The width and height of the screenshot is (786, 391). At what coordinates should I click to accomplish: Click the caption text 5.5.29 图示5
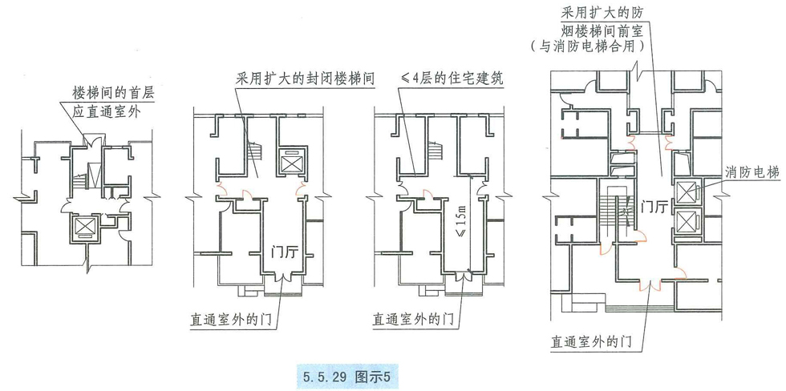coord(347,374)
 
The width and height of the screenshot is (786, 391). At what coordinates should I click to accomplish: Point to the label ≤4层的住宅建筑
coord(457,79)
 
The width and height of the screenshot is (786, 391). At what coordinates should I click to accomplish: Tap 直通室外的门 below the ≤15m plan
coord(411,318)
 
